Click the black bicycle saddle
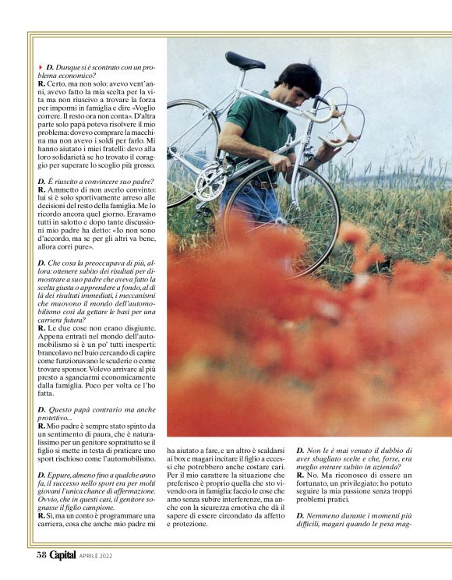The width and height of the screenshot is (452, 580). (x=245, y=59)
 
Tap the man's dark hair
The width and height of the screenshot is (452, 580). (x=298, y=78)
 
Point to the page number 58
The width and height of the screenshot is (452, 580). (x=42, y=556)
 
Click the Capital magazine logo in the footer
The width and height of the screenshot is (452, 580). (x=63, y=556)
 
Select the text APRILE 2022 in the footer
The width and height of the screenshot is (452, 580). (x=102, y=557)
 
